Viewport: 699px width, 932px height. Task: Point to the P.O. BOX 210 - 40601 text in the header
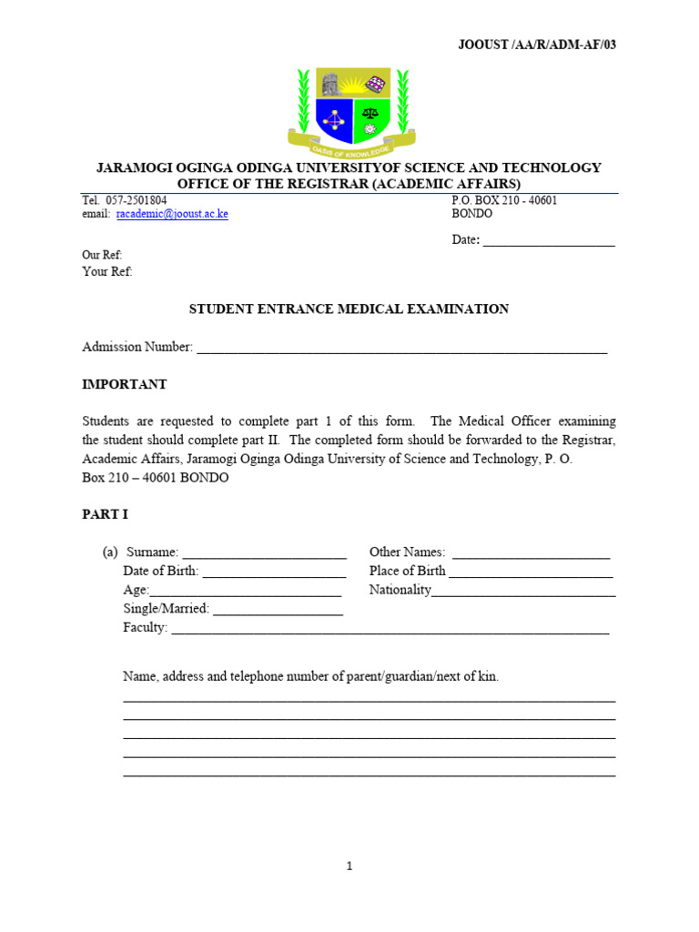click(504, 200)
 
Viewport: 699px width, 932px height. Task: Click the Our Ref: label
click(102, 255)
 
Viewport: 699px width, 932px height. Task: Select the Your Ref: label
click(106, 271)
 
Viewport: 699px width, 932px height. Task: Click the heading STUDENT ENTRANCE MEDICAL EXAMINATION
click(349, 309)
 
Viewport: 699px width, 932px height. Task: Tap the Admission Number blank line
click(401, 349)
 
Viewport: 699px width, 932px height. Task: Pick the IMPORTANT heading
click(125, 384)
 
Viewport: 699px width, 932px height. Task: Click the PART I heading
click(105, 514)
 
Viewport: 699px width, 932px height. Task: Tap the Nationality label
click(400, 590)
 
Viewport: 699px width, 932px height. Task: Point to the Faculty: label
click(146, 627)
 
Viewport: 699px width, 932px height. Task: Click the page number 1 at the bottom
click(349, 866)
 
